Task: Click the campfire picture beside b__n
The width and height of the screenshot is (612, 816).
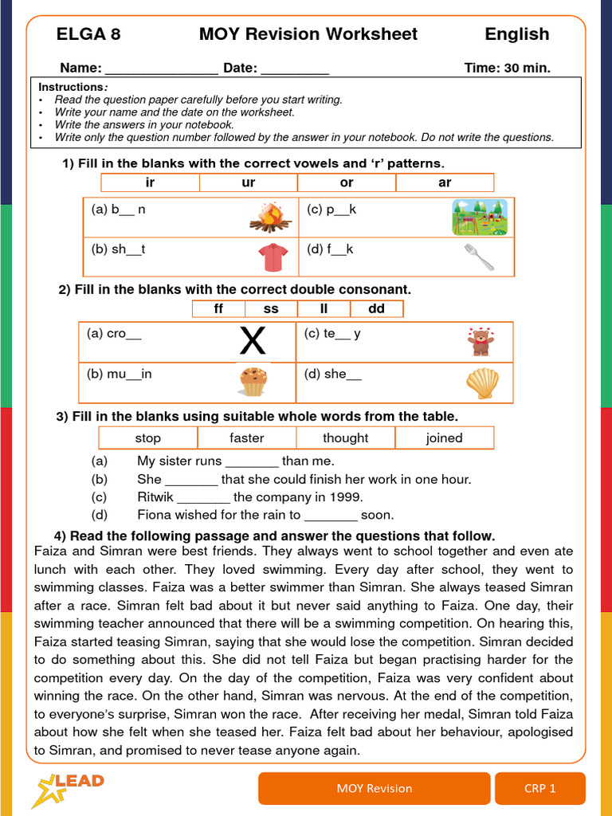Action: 271,217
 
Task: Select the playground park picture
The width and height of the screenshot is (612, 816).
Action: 479,218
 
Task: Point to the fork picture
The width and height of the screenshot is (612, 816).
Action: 479,257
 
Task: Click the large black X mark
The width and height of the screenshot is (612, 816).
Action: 253,342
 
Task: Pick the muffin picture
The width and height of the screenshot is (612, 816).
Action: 253,382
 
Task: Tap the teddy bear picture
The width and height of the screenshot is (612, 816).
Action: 481,341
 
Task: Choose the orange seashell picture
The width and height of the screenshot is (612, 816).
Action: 482,382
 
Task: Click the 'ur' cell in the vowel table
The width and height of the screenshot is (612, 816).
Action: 249,182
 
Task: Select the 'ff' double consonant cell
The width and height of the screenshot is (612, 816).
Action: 218,308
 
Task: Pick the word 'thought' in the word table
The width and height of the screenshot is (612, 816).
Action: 345,437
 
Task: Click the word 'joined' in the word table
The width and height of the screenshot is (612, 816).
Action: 444,437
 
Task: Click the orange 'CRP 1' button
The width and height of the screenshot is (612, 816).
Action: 539,788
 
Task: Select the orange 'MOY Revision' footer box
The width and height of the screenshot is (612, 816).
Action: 374,788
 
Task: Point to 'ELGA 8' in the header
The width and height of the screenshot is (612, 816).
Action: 88,34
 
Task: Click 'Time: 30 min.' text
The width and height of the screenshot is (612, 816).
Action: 507,69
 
